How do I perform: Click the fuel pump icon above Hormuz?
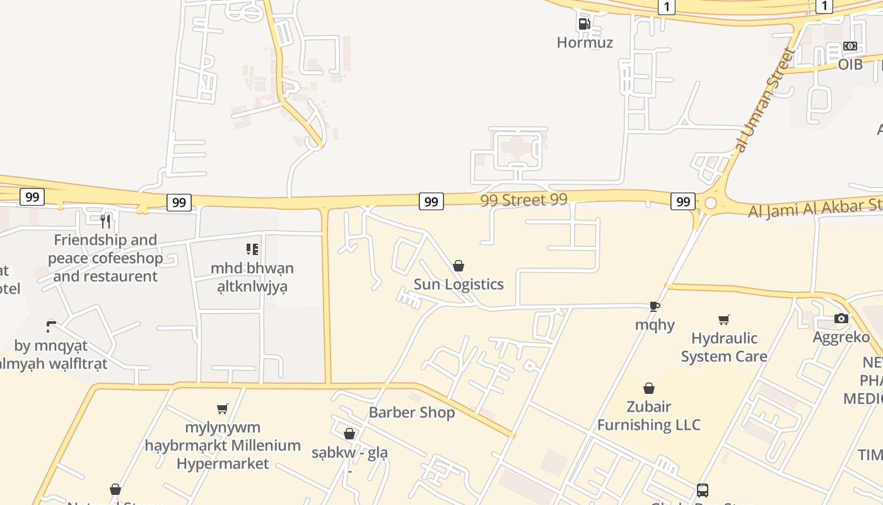point(584,24)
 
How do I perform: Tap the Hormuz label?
point(585,42)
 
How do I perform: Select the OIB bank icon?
point(850,46)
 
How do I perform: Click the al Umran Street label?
point(763,100)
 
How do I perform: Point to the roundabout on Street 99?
point(711,203)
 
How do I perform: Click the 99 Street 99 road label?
point(523,200)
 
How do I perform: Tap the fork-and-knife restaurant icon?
point(105,221)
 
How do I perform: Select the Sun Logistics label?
point(459,284)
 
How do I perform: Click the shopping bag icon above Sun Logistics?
point(459,266)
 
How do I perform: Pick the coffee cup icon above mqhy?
point(655,307)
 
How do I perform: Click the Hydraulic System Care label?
point(724,347)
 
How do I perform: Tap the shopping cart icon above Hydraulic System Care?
point(724,320)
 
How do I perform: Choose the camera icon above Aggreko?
point(841,318)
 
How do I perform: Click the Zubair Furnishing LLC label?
point(648,415)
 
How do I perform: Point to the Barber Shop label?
point(411,412)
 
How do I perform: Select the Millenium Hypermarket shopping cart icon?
point(222,409)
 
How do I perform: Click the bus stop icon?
point(702,490)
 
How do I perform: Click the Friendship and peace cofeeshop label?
point(105,258)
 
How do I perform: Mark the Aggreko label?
point(841,337)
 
